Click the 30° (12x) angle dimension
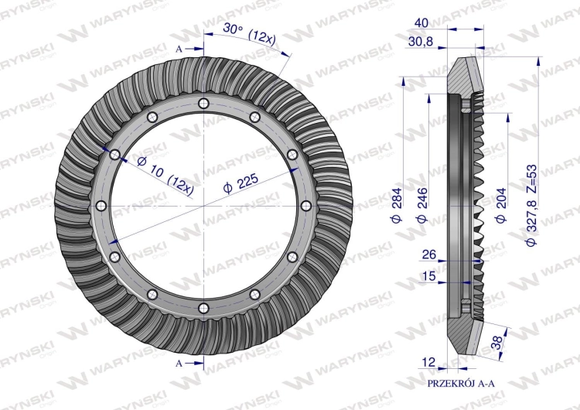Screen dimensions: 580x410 coord(249,34)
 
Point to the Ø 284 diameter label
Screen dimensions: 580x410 coord(396,205)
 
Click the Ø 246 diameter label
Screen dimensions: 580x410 coord(421,205)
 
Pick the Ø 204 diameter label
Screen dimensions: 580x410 coord(500,205)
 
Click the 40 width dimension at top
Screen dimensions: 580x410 coord(421,23)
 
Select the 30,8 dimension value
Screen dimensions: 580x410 coord(421,42)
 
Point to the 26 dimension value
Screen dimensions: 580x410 coord(429,255)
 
